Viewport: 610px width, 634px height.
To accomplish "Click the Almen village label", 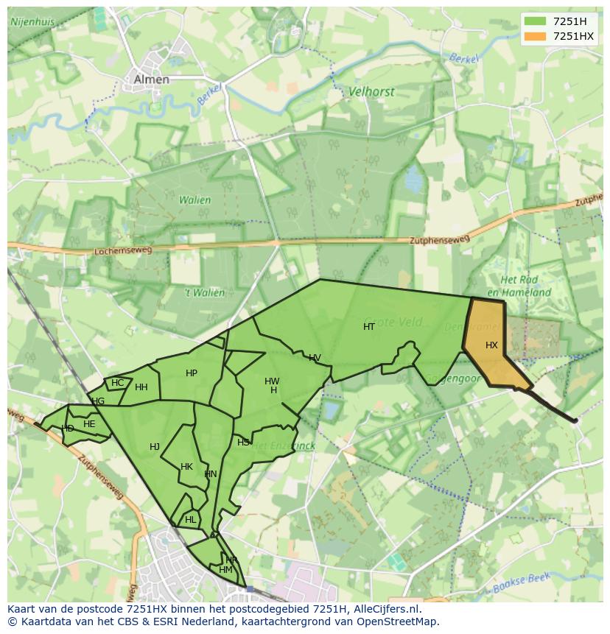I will pyautogui.click(x=151, y=80).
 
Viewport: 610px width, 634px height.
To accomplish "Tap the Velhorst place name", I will pyautogui.click(x=371, y=92).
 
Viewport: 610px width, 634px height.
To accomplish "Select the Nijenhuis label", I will pyautogui.click(x=34, y=22).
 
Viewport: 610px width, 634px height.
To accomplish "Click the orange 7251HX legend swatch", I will pyautogui.click(x=536, y=36).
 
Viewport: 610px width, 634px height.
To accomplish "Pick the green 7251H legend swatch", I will pyautogui.click(x=536, y=21).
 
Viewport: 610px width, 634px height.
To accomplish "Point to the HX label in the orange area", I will pyautogui.click(x=491, y=345).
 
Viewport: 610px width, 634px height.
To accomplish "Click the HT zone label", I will pyautogui.click(x=369, y=327).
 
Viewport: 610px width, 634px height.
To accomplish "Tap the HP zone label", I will pyautogui.click(x=192, y=373).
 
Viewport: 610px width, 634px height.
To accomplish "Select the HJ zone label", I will pyautogui.click(x=155, y=447).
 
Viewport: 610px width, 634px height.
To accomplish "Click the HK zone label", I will pyautogui.click(x=186, y=467).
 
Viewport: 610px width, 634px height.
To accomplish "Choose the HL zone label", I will pyautogui.click(x=191, y=520).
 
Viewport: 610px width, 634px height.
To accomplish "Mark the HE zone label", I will pyautogui.click(x=89, y=424).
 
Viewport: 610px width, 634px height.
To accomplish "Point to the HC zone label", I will pyautogui.click(x=118, y=383).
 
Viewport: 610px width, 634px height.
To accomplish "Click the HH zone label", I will pyautogui.click(x=141, y=387).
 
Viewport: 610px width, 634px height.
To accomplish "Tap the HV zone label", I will pyautogui.click(x=315, y=359).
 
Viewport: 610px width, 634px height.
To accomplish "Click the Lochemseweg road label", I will pyautogui.click(x=123, y=251).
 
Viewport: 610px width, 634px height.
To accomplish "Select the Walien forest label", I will pyautogui.click(x=194, y=200).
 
